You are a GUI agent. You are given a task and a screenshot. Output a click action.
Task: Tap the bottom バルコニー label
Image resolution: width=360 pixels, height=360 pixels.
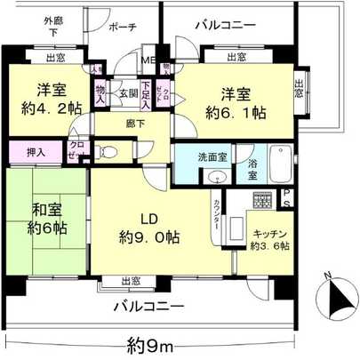148,307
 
